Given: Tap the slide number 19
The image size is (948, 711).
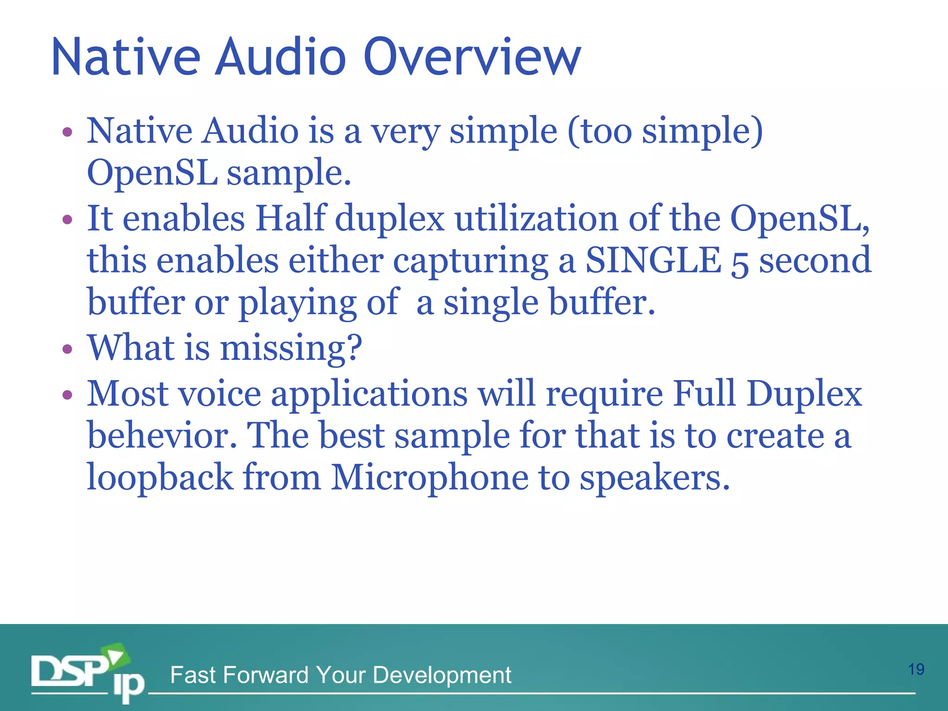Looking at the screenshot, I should click(x=916, y=669).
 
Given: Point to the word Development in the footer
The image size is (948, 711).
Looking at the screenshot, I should click(x=442, y=675).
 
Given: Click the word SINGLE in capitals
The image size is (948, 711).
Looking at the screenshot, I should click(x=653, y=260).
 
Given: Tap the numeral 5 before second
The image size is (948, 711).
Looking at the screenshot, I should click(x=740, y=263).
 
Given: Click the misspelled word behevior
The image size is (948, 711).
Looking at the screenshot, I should click(x=162, y=435).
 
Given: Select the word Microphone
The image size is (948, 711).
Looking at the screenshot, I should click(x=430, y=477).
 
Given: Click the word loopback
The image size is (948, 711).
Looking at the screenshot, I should click(x=160, y=477).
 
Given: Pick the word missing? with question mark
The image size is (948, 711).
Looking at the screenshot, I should click(x=291, y=348).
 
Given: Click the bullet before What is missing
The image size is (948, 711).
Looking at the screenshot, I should click(x=68, y=349).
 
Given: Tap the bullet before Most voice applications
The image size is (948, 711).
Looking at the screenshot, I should click(x=68, y=395).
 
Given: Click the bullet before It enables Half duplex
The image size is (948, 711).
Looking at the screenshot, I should click(x=68, y=219).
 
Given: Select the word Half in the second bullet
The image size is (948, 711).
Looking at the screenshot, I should click(x=291, y=218).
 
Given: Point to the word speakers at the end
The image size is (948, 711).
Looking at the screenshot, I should click(x=655, y=477).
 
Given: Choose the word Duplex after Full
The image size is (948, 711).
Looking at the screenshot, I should click(x=805, y=394).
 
